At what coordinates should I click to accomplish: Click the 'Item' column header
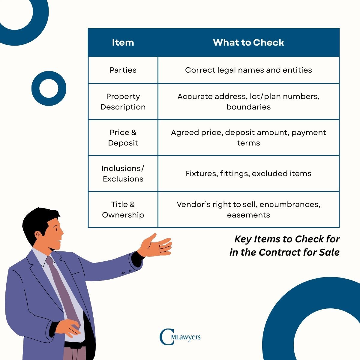point(123,43)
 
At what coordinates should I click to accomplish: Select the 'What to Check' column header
point(248,43)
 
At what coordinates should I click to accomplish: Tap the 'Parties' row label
point(123,70)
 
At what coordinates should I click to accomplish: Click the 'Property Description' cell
point(123,102)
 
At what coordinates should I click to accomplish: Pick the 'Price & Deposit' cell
point(123,138)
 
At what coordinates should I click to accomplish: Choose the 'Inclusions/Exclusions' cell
point(123,174)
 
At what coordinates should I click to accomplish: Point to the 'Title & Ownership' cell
point(123,210)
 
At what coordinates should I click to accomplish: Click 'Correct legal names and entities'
point(248,70)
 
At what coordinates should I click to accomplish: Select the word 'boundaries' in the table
point(248,107)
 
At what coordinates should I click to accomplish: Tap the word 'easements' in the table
point(248,215)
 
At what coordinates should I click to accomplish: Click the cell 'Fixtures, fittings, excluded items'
point(248,174)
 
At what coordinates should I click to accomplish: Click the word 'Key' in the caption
point(243,239)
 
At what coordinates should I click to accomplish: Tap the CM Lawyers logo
point(180,337)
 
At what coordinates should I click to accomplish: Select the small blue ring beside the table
point(49,88)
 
